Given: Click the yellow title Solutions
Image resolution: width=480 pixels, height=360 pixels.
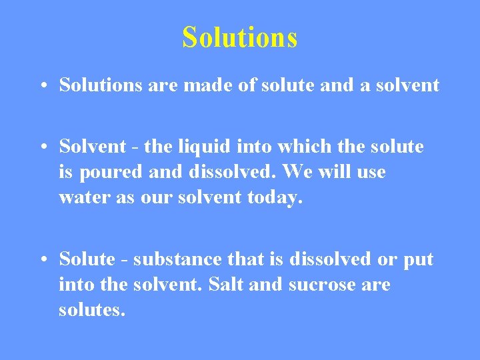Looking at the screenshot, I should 239,37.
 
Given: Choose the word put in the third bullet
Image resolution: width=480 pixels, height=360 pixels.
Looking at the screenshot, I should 419,259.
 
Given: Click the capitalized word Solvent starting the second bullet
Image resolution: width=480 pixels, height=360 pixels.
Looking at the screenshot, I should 92,146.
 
